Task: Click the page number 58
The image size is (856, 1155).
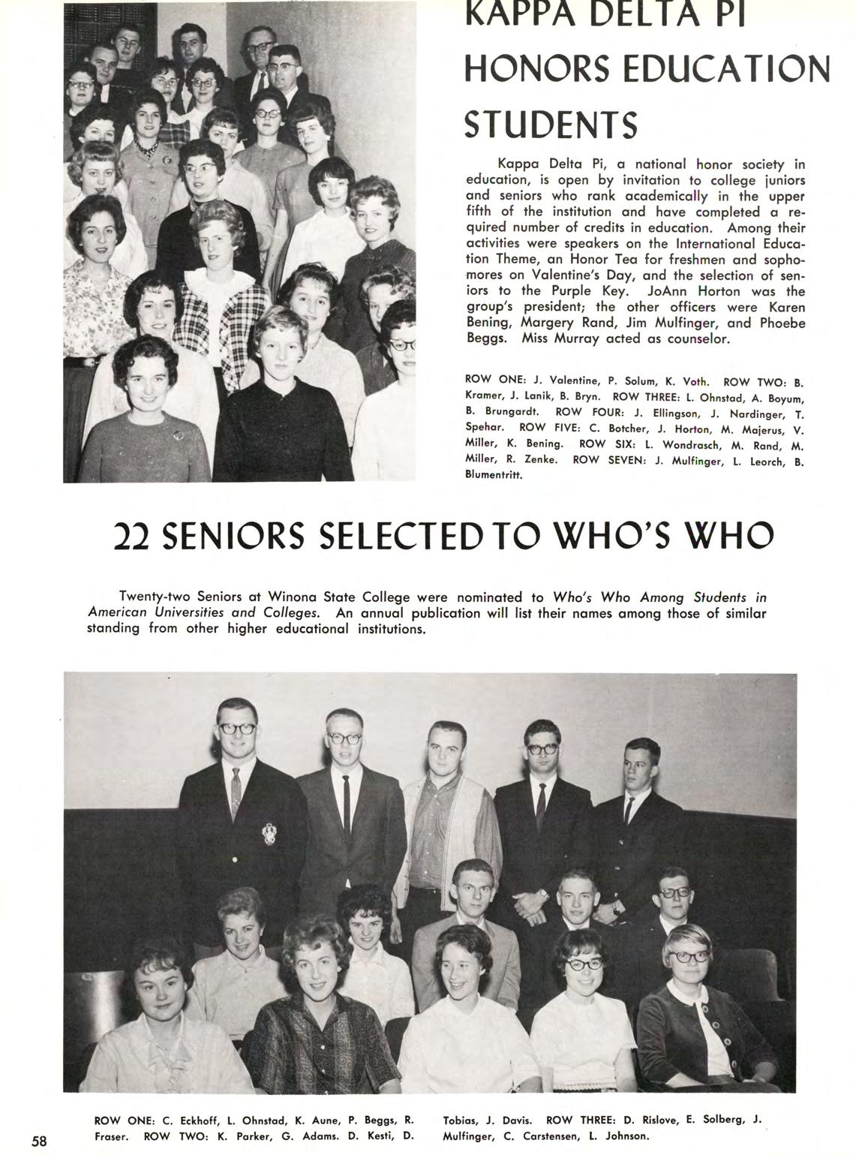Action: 39,1141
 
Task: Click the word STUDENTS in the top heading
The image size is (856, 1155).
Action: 551,125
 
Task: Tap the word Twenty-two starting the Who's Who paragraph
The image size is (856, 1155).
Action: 155,598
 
